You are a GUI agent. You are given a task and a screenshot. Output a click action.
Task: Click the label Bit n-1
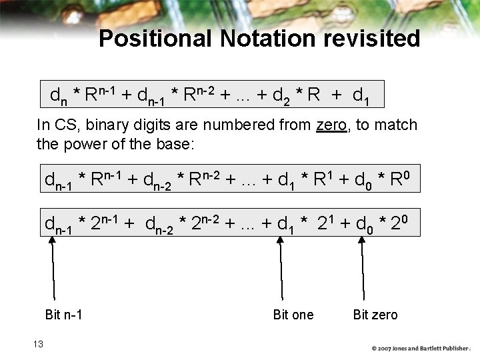pyautogui.click(x=63, y=315)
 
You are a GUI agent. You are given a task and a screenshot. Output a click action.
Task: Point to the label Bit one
pyautogui.click(x=293, y=315)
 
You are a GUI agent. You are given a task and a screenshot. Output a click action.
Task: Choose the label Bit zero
pyautogui.click(x=375, y=315)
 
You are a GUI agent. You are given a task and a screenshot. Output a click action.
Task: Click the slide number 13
pyautogui.click(x=37, y=344)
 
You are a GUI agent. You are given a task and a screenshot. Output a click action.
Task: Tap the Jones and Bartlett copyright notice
pyautogui.click(x=421, y=348)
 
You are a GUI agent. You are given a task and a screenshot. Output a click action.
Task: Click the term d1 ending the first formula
pyautogui.click(x=361, y=97)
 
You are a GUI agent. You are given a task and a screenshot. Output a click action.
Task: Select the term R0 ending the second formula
pyautogui.click(x=397, y=180)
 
